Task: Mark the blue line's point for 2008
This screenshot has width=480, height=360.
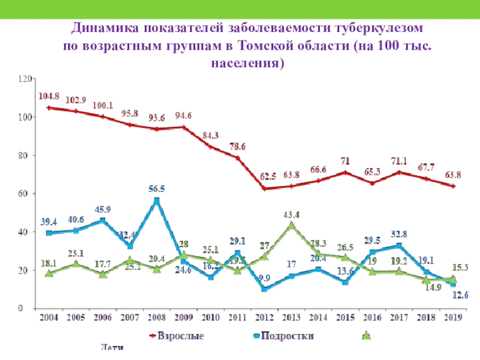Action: click(157, 200)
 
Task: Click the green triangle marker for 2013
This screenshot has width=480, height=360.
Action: click(292, 226)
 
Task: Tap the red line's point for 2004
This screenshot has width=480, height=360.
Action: click(49, 108)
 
